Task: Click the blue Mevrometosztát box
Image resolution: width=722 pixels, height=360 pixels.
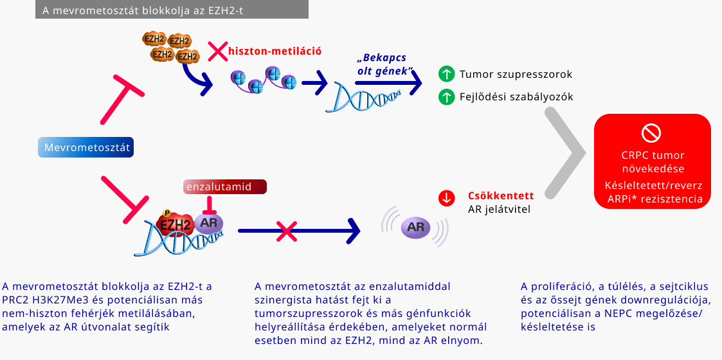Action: [x=86, y=148]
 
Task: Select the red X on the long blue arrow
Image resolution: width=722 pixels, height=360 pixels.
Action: [x=285, y=230]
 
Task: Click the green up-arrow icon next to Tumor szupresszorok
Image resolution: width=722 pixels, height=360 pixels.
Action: [x=446, y=74]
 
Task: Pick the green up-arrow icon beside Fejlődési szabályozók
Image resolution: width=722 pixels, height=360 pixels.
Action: [x=446, y=97]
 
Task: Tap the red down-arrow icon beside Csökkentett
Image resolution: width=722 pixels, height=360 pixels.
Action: [x=446, y=198]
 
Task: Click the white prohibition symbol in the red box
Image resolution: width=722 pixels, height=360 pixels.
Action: [x=652, y=133]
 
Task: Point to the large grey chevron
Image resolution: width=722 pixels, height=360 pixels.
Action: [x=564, y=153]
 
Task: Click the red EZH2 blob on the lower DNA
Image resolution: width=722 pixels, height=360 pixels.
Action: [x=174, y=225]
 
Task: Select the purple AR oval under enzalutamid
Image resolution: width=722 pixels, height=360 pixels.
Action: [x=208, y=223]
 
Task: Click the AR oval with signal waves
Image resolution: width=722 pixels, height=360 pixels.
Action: [x=415, y=227]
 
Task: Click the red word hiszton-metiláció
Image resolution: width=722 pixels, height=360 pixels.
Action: [x=275, y=50]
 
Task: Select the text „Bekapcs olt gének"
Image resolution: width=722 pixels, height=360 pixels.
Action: [x=384, y=64]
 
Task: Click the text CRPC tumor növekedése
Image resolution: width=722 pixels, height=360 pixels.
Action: [x=653, y=162]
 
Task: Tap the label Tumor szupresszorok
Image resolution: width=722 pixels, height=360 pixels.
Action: [x=515, y=74]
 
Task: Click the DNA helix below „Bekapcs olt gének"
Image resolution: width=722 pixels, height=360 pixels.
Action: [x=366, y=97]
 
